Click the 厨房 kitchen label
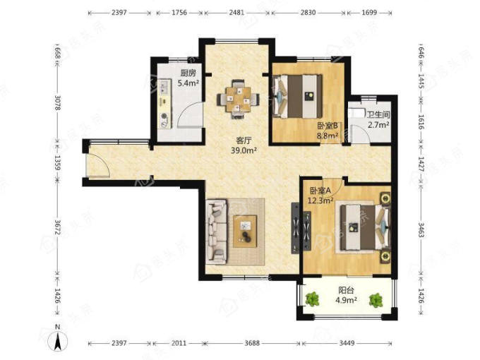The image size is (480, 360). click(x=188, y=73)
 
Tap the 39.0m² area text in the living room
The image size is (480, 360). click(x=244, y=150)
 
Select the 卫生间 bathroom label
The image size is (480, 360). click(x=378, y=115)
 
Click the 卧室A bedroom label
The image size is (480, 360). click(x=320, y=191)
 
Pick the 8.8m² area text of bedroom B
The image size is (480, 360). click(x=328, y=135)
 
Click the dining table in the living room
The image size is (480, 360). click(x=238, y=100)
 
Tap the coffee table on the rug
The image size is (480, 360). click(x=245, y=231)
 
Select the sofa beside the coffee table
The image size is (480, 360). click(x=217, y=232)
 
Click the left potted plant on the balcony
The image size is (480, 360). click(x=312, y=300)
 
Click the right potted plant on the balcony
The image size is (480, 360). click(x=376, y=300)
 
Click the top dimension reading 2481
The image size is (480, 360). click(x=237, y=13)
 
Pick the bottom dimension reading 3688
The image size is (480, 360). click(x=252, y=343)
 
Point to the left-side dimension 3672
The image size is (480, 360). click(x=58, y=227)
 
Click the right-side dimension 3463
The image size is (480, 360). click(x=421, y=231)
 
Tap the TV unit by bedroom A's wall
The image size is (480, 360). click(x=295, y=228)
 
